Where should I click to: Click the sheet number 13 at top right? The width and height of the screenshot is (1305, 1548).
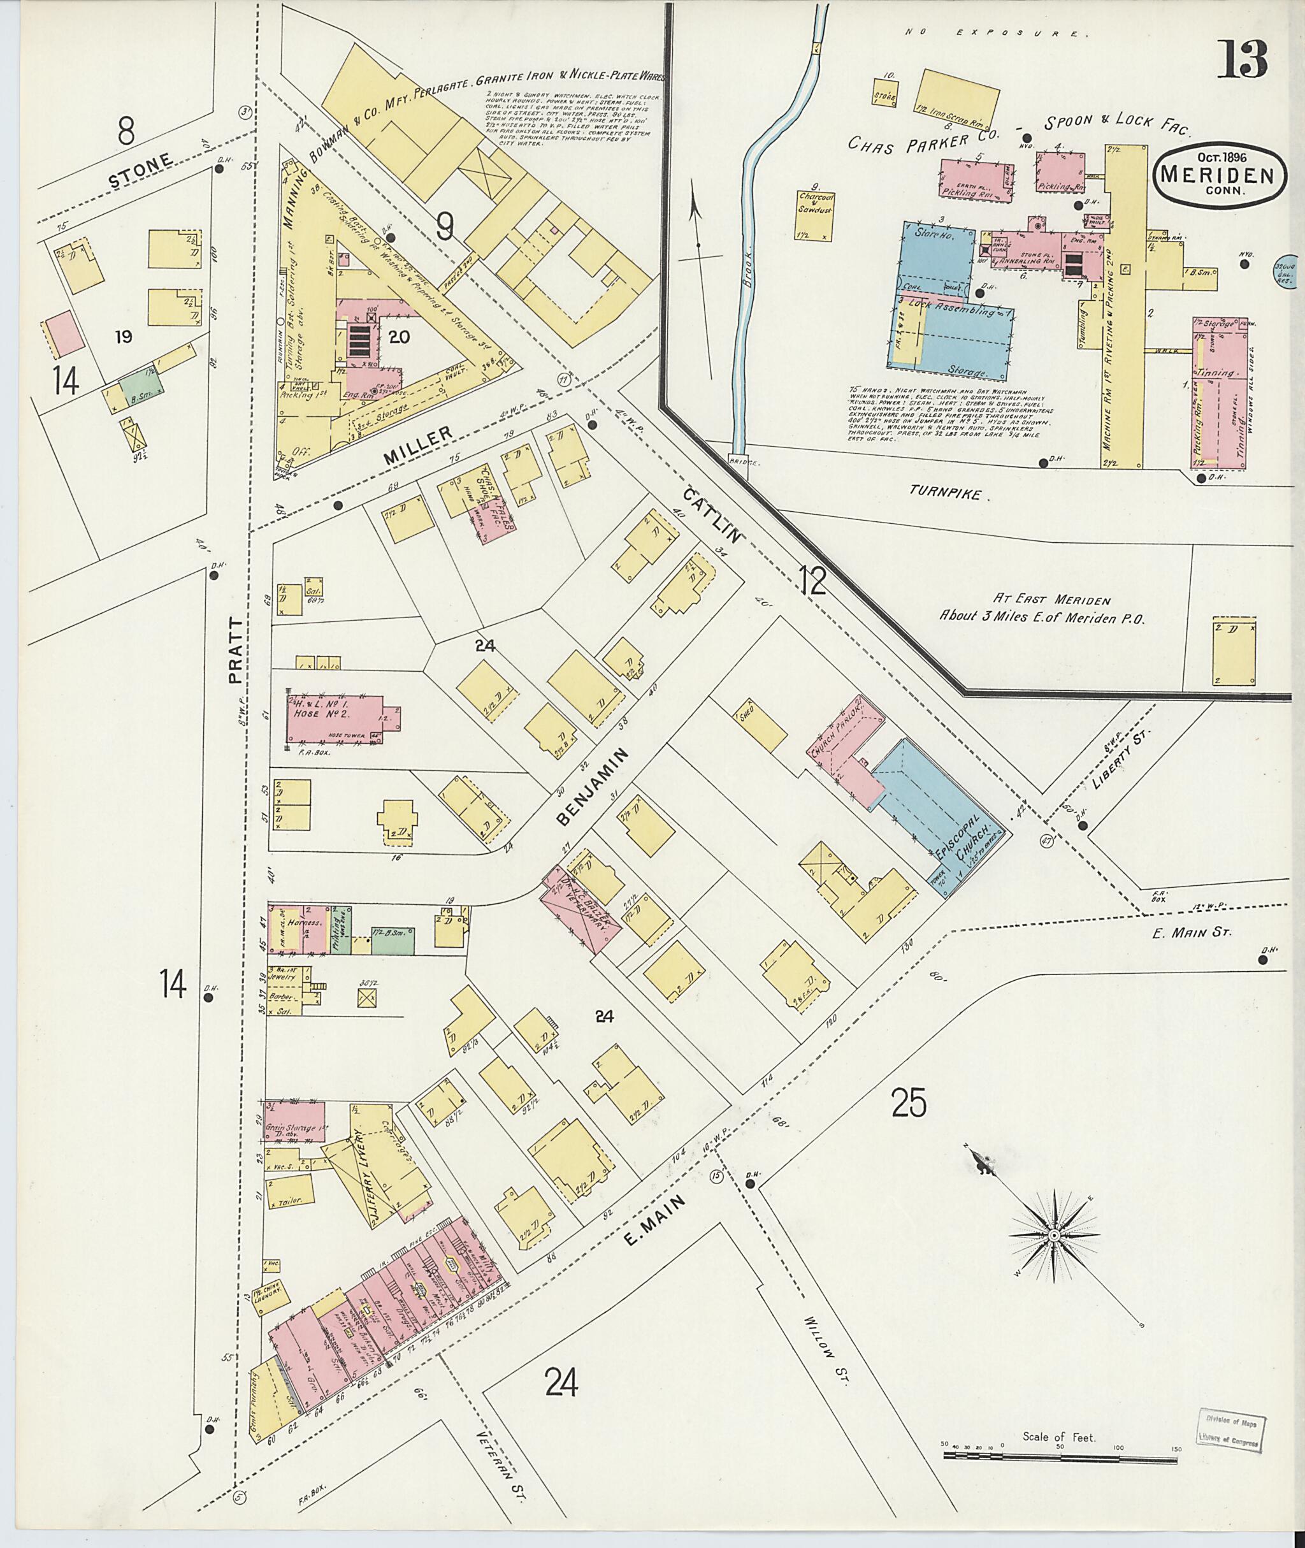click(x=1242, y=59)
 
